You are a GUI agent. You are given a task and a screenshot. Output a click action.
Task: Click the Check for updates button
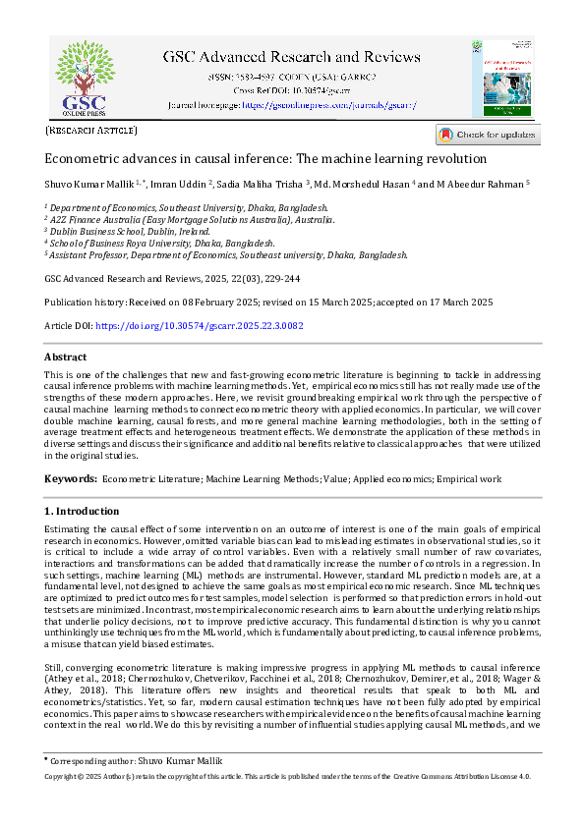[x=488, y=135]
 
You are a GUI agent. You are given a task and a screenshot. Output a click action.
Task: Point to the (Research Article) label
[x=91, y=130]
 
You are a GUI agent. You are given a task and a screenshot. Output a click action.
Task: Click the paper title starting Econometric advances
[x=265, y=158]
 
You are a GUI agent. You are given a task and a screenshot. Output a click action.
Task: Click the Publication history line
[x=268, y=302]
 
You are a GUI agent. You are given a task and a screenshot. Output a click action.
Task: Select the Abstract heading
[x=65, y=358]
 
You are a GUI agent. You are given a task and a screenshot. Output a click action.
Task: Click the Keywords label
[x=71, y=478]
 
